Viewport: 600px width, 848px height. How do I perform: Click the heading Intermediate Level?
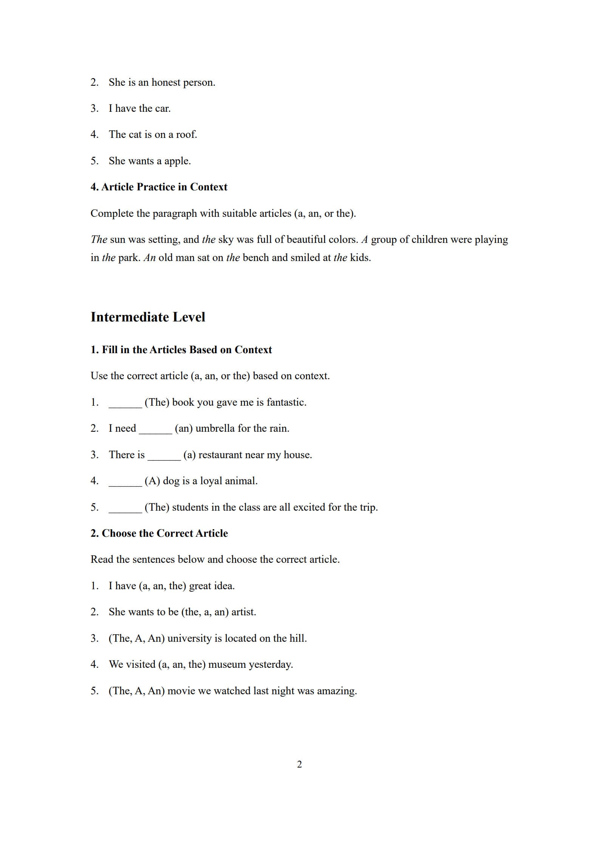[x=148, y=317]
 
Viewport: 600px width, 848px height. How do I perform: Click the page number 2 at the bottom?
[x=300, y=764]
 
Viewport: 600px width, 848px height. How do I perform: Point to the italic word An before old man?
[x=150, y=258]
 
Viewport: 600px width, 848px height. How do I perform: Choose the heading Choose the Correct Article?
[x=159, y=533]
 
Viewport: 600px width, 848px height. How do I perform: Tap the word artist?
[x=243, y=612]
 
